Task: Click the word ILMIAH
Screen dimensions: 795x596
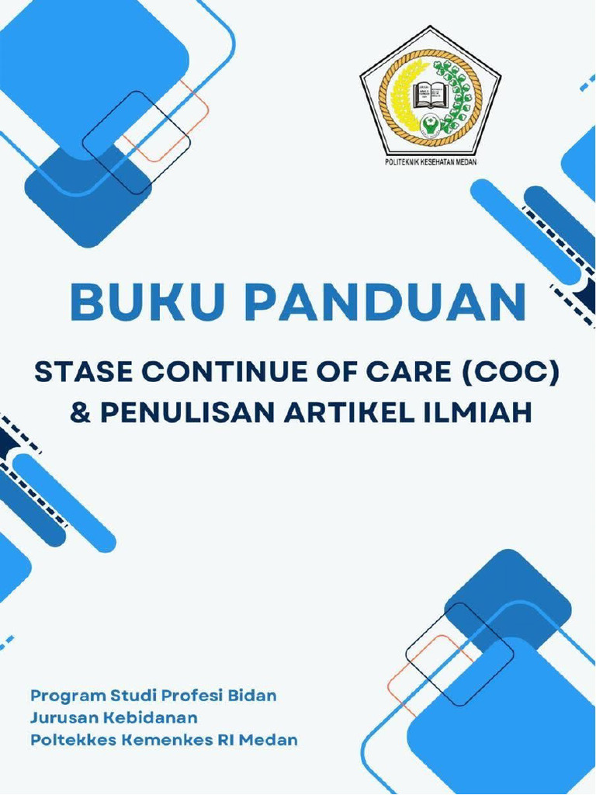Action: [x=485, y=412]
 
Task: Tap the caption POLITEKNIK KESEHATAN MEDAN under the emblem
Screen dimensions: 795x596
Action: [x=430, y=163]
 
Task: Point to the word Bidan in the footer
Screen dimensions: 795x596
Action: [x=252, y=696]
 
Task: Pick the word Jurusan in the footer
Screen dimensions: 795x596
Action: [x=61, y=717]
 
